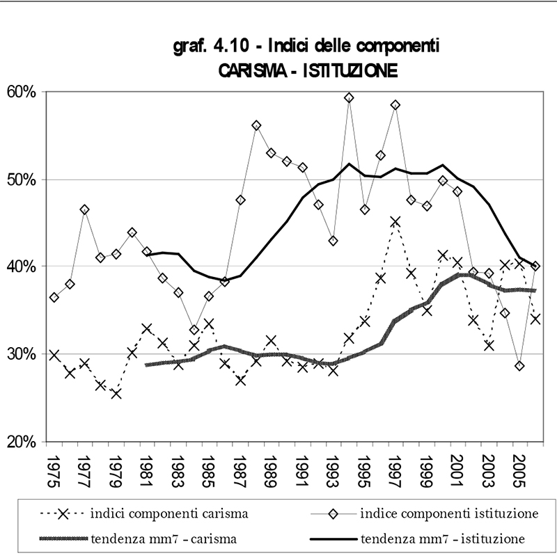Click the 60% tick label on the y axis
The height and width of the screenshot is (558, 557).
(22, 92)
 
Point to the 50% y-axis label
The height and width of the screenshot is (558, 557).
(22, 180)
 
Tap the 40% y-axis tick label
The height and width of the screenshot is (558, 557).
(22, 266)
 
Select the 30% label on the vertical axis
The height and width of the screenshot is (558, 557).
(22, 354)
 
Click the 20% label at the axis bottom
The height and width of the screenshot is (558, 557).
(22, 442)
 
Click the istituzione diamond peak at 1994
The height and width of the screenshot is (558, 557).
(350, 97)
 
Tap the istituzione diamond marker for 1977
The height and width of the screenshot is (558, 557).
(85, 209)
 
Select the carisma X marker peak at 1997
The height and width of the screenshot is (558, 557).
(395, 222)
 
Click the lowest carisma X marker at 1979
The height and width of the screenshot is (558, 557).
(116, 394)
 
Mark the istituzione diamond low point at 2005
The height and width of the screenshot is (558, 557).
(519, 366)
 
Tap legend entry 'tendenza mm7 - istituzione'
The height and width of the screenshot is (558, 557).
(443, 538)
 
